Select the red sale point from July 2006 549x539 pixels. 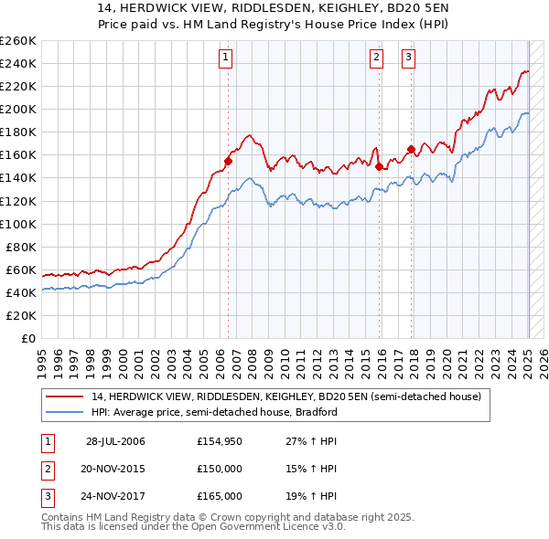pyautogui.click(x=229, y=161)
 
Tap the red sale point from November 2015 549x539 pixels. pyautogui.click(x=379, y=166)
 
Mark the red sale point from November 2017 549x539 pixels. pyautogui.click(x=411, y=149)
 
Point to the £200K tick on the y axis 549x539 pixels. pyautogui.click(x=18, y=109)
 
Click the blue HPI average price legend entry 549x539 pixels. pyautogui.click(x=214, y=412)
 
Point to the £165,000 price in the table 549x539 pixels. pyautogui.click(x=219, y=496)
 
